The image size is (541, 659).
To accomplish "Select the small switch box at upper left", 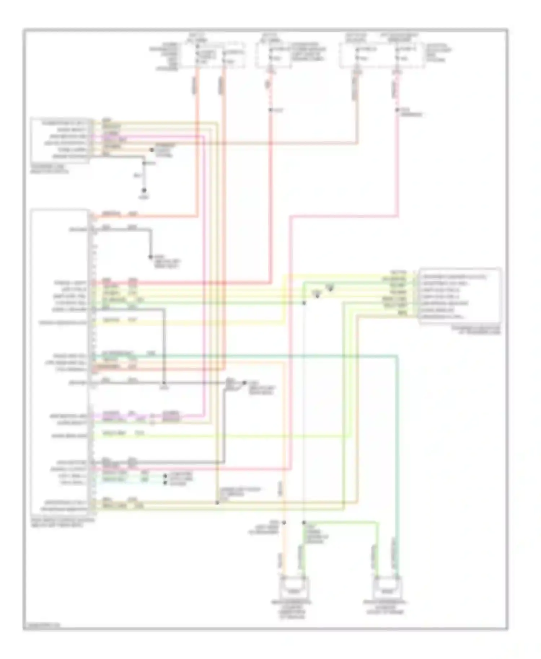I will point(60,140).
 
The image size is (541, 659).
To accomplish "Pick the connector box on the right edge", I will point(460,296).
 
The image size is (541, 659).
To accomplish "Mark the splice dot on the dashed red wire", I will point(270,110).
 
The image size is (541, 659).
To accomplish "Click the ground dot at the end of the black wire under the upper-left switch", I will point(144,190).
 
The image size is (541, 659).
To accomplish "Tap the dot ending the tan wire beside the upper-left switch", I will point(152,150).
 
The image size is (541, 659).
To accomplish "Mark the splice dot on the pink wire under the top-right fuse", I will point(397,110).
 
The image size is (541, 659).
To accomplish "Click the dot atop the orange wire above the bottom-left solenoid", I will point(284,522).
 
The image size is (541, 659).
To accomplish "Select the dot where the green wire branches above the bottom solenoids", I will point(304,522).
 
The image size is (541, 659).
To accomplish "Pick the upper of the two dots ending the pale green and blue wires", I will point(165,476).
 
